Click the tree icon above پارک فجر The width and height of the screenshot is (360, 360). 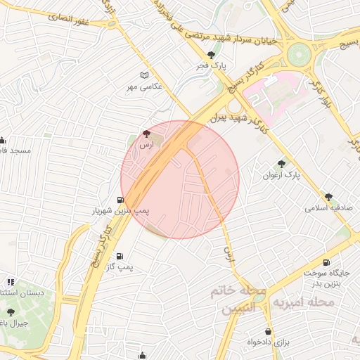[211, 55]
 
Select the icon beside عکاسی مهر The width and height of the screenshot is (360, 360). [145, 75]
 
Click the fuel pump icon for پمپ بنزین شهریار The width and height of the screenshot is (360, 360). [124, 200]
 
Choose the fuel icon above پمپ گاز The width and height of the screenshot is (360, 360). [120, 257]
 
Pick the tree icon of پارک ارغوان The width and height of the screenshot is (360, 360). [282, 163]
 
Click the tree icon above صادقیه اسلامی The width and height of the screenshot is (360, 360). [328, 197]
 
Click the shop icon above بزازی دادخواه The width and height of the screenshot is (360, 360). [268, 331]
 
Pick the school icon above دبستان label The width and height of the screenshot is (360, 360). [10, 282]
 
